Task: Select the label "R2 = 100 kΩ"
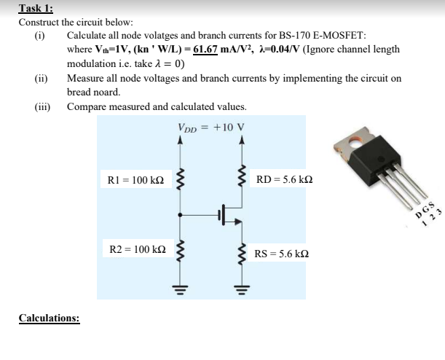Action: [x=135, y=250]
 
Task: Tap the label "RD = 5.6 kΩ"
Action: [x=283, y=179]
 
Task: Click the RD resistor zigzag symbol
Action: [x=240, y=179]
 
